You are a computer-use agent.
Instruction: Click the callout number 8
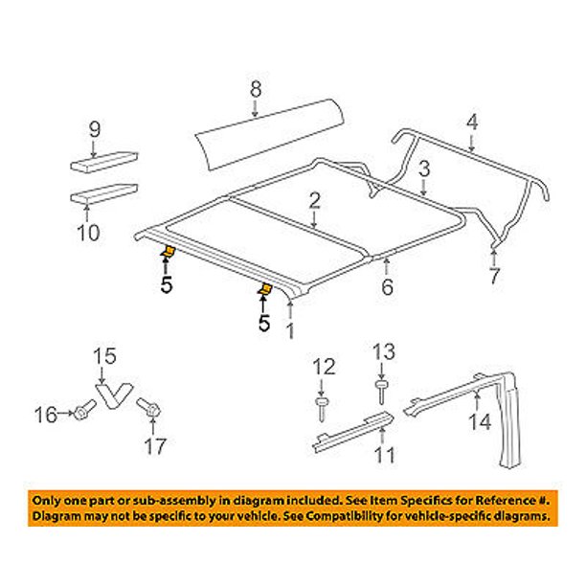256,89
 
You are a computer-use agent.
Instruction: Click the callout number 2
313,199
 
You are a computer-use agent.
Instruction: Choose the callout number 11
383,456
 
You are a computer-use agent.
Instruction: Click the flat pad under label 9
104,161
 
